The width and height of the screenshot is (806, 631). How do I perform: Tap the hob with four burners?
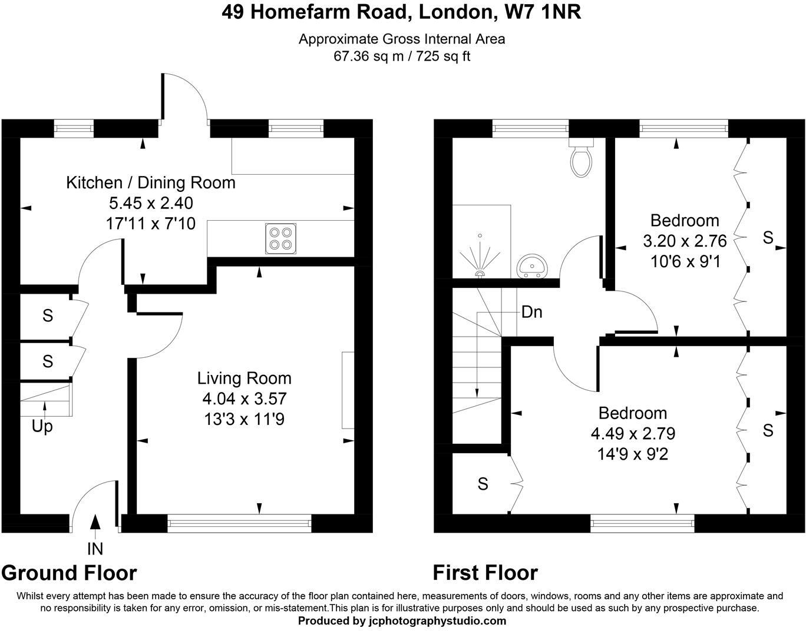point(280,238)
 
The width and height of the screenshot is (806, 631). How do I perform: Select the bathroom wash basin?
point(532,267)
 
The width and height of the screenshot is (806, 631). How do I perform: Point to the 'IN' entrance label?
point(95,549)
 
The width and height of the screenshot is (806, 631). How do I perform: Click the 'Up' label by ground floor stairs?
point(42,426)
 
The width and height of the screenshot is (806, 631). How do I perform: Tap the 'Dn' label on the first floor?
point(531,312)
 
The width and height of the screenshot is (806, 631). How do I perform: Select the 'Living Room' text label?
point(244,378)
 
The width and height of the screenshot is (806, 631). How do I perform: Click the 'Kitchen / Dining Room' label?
point(150,182)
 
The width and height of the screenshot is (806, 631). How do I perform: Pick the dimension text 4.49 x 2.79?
point(633,434)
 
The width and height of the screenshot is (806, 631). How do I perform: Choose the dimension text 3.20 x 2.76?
point(685,241)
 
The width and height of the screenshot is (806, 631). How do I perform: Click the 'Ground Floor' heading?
point(69,572)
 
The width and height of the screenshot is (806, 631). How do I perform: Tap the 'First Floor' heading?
point(485,572)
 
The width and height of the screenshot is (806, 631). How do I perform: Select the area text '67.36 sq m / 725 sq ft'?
point(402,57)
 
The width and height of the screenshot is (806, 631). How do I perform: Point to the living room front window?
point(239,520)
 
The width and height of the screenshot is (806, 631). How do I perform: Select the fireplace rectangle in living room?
point(348,390)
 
